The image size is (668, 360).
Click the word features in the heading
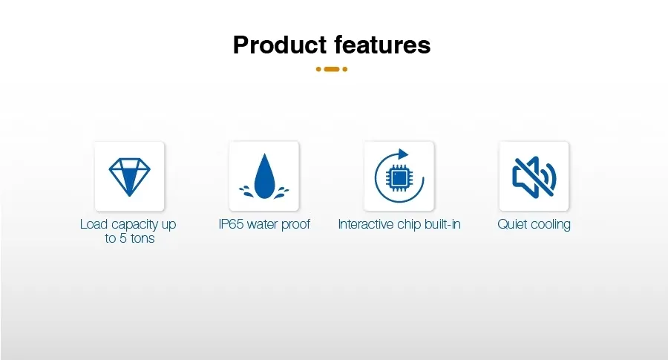coord(382,45)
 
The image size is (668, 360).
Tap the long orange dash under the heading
coord(332,69)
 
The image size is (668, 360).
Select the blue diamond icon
coord(129,177)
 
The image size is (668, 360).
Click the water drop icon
coord(264,176)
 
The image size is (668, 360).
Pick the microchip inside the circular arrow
coord(399,178)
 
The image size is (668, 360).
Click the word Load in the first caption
coord(94,224)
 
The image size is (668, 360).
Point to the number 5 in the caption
coord(122,238)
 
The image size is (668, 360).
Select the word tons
coord(143,238)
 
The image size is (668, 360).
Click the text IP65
coord(231,224)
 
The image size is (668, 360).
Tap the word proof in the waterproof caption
coord(295,225)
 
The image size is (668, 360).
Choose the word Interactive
coord(365,224)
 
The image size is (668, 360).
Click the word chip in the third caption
coord(409,225)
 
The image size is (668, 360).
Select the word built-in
coord(442,224)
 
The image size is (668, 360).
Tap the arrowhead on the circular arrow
coord(402,154)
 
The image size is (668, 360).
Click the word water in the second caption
coord(261,224)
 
